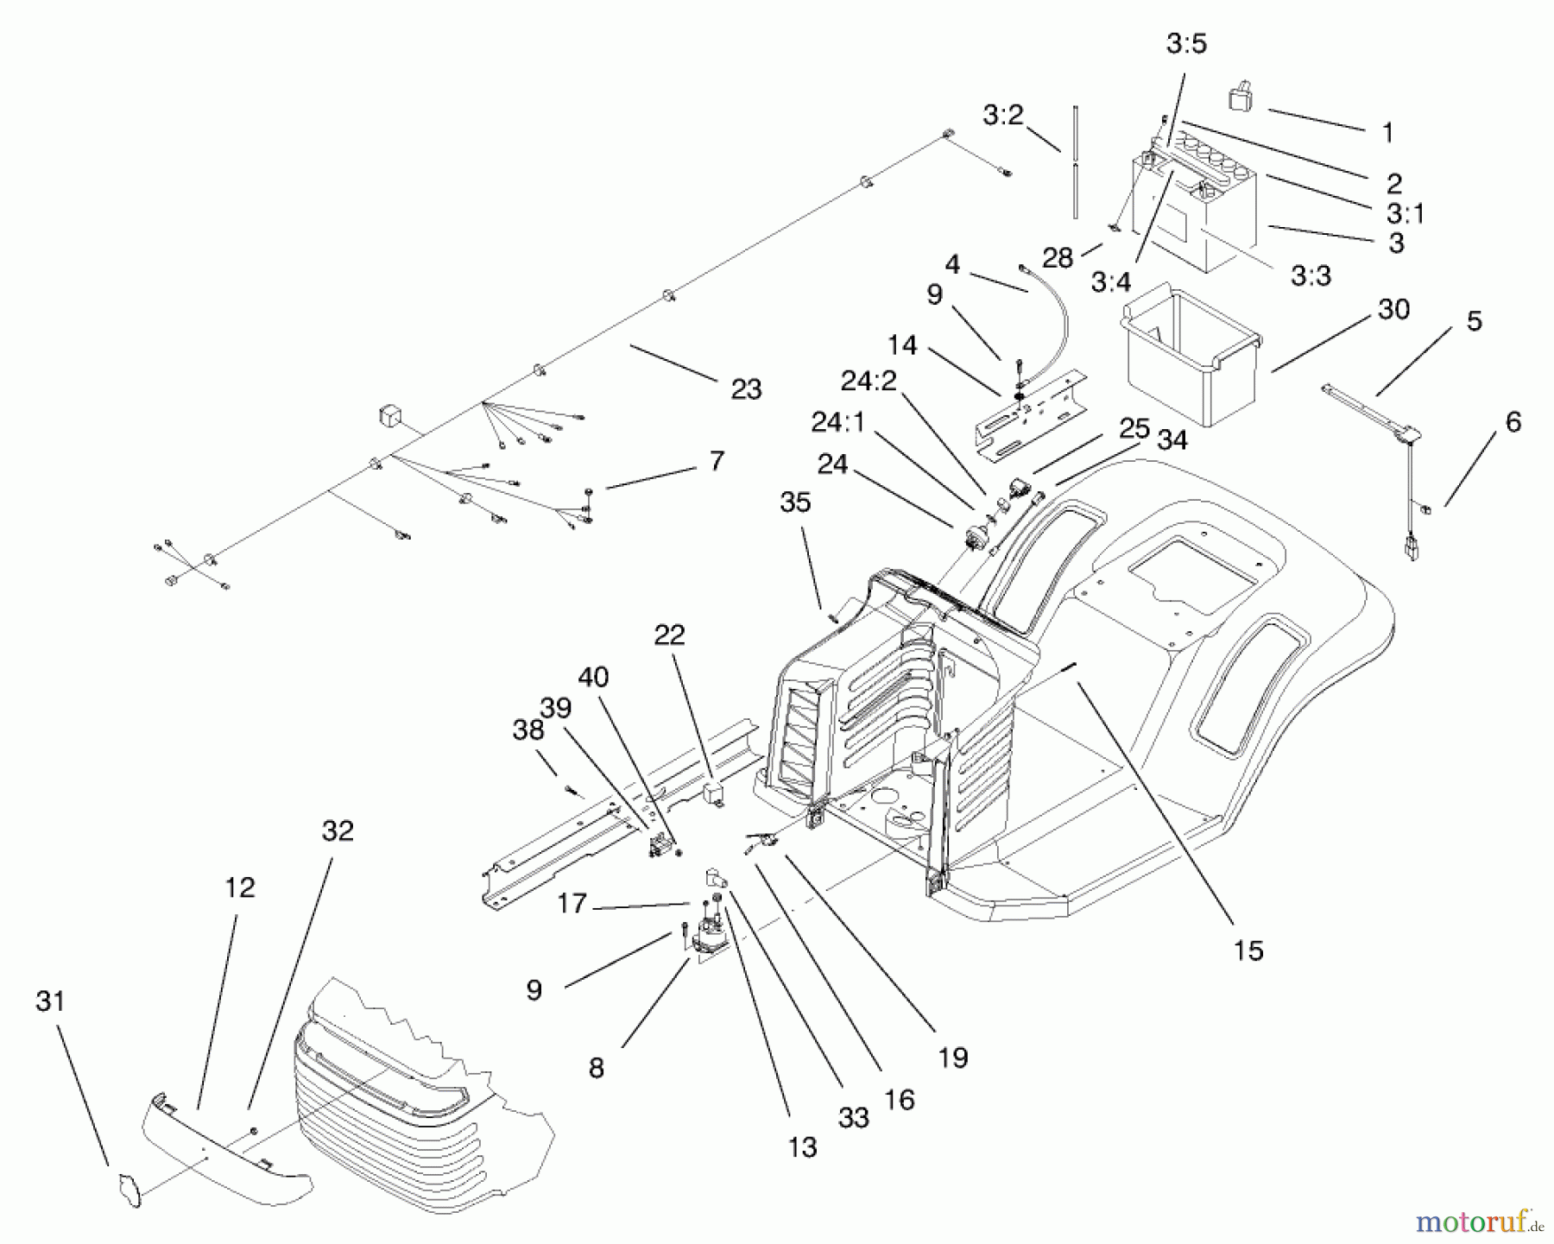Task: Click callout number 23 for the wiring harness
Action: pyautogui.click(x=746, y=389)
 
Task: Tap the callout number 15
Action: pyautogui.click(x=1248, y=950)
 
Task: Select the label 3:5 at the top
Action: pyautogui.click(x=1186, y=45)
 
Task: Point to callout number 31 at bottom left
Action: pyautogui.click(x=50, y=1001)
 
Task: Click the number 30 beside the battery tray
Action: pyautogui.click(x=1393, y=309)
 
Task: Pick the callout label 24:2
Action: pyautogui.click(x=869, y=381)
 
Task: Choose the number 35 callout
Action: pyautogui.click(x=795, y=502)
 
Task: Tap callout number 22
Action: pyautogui.click(x=670, y=635)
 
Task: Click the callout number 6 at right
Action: pyautogui.click(x=1513, y=422)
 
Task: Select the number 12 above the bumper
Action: pyautogui.click(x=240, y=887)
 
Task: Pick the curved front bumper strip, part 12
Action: pyautogui.click(x=224, y=1140)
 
